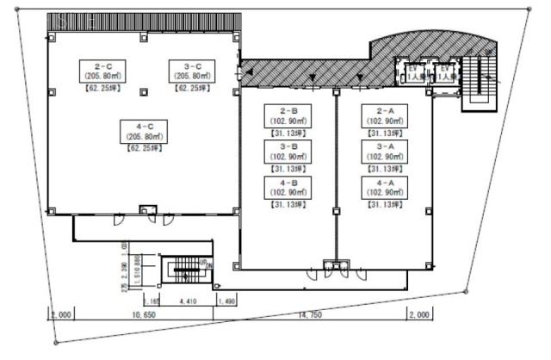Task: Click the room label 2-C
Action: pyautogui.click(x=98, y=65)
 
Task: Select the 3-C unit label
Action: pyautogui.click(x=186, y=65)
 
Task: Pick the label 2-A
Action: pyautogui.click(x=384, y=111)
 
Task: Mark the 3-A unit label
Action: pyautogui.click(x=384, y=146)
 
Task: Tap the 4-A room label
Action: pyautogui.click(x=384, y=183)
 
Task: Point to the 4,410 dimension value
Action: pyautogui.click(x=187, y=301)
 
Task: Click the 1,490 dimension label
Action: pyautogui.click(x=227, y=301)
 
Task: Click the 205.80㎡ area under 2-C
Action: pyautogui.click(x=98, y=76)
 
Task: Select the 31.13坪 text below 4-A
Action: pyautogui.click(x=384, y=206)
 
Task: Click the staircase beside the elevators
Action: pyautogui.click(x=480, y=83)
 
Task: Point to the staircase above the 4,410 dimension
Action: pyautogui.click(x=183, y=271)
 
